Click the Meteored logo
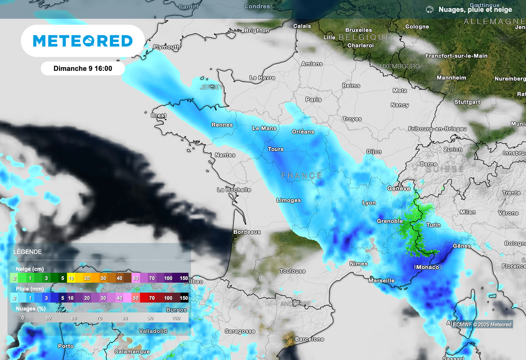tap(83, 41)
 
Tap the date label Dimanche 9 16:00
tap(83, 68)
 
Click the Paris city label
tap(313, 100)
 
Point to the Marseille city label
tap(382, 280)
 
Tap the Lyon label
tap(369, 203)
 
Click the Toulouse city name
tap(292, 271)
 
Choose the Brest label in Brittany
tap(158, 116)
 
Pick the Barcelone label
tap(309, 339)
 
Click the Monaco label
tap(427, 267)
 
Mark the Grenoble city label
tap(390, 221)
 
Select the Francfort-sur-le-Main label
tap(456, 55)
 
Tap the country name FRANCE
tap(302, 176)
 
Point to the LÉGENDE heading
tap(28, 252)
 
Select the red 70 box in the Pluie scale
tap(152, 298)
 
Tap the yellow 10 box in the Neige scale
tap(71, 278)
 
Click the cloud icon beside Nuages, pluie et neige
tap(429, 10)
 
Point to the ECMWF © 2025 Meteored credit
tap(482, 325)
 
